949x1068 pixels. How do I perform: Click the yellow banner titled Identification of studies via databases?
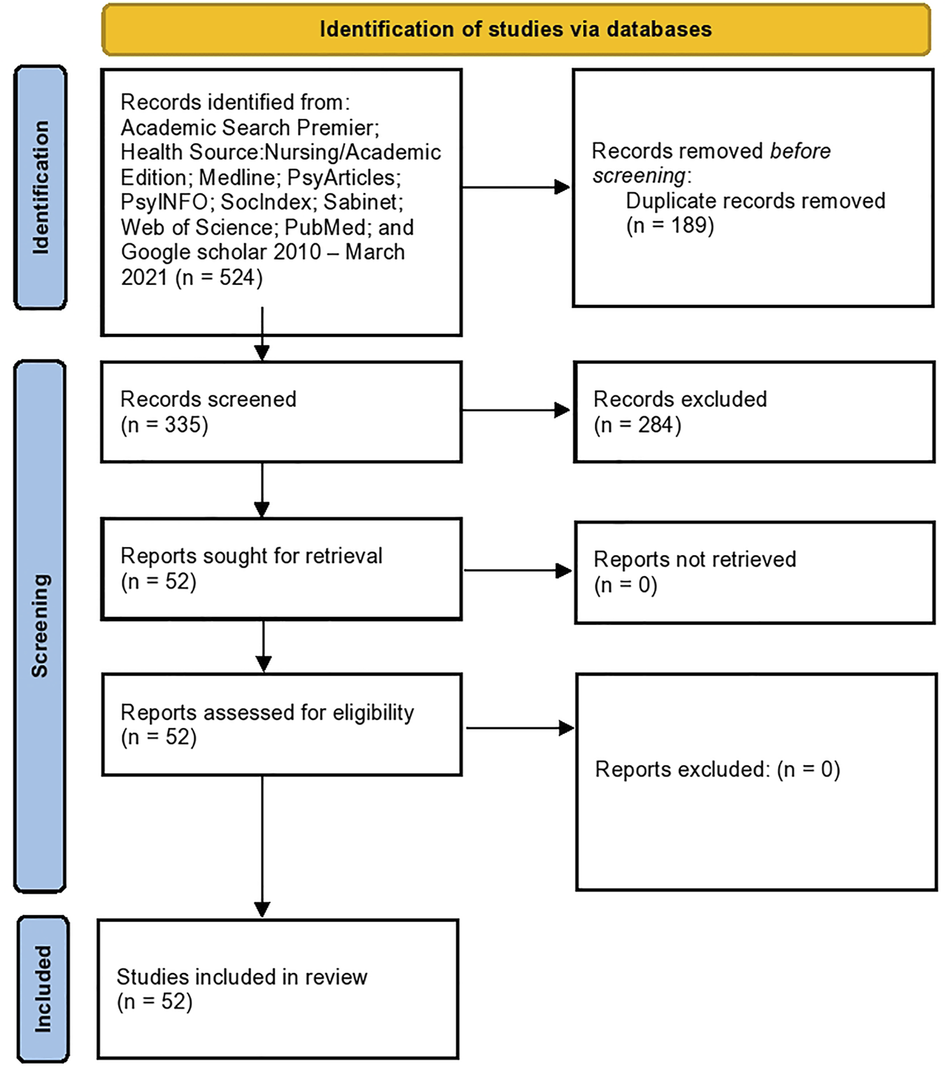pos(516,30)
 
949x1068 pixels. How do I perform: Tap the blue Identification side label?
pos(41,187)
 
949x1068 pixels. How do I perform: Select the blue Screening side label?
pos(40,625)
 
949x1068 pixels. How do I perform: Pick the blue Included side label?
pos(43,989)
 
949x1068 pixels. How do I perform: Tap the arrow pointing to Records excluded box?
pos(516,410)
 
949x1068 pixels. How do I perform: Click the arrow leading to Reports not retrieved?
pos(518,570)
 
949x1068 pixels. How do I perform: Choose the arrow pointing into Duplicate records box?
pos(516,187)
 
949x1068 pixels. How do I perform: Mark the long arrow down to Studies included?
pos(262,846)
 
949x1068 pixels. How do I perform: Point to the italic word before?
pos(800,151)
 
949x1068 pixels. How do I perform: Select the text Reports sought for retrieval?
pos(252,556)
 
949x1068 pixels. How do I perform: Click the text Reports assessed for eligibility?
pos(267,712)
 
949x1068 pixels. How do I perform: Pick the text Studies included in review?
pos(242,977)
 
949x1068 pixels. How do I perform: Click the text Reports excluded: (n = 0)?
pos(718,770)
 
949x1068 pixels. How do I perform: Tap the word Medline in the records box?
pos(237,177)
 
